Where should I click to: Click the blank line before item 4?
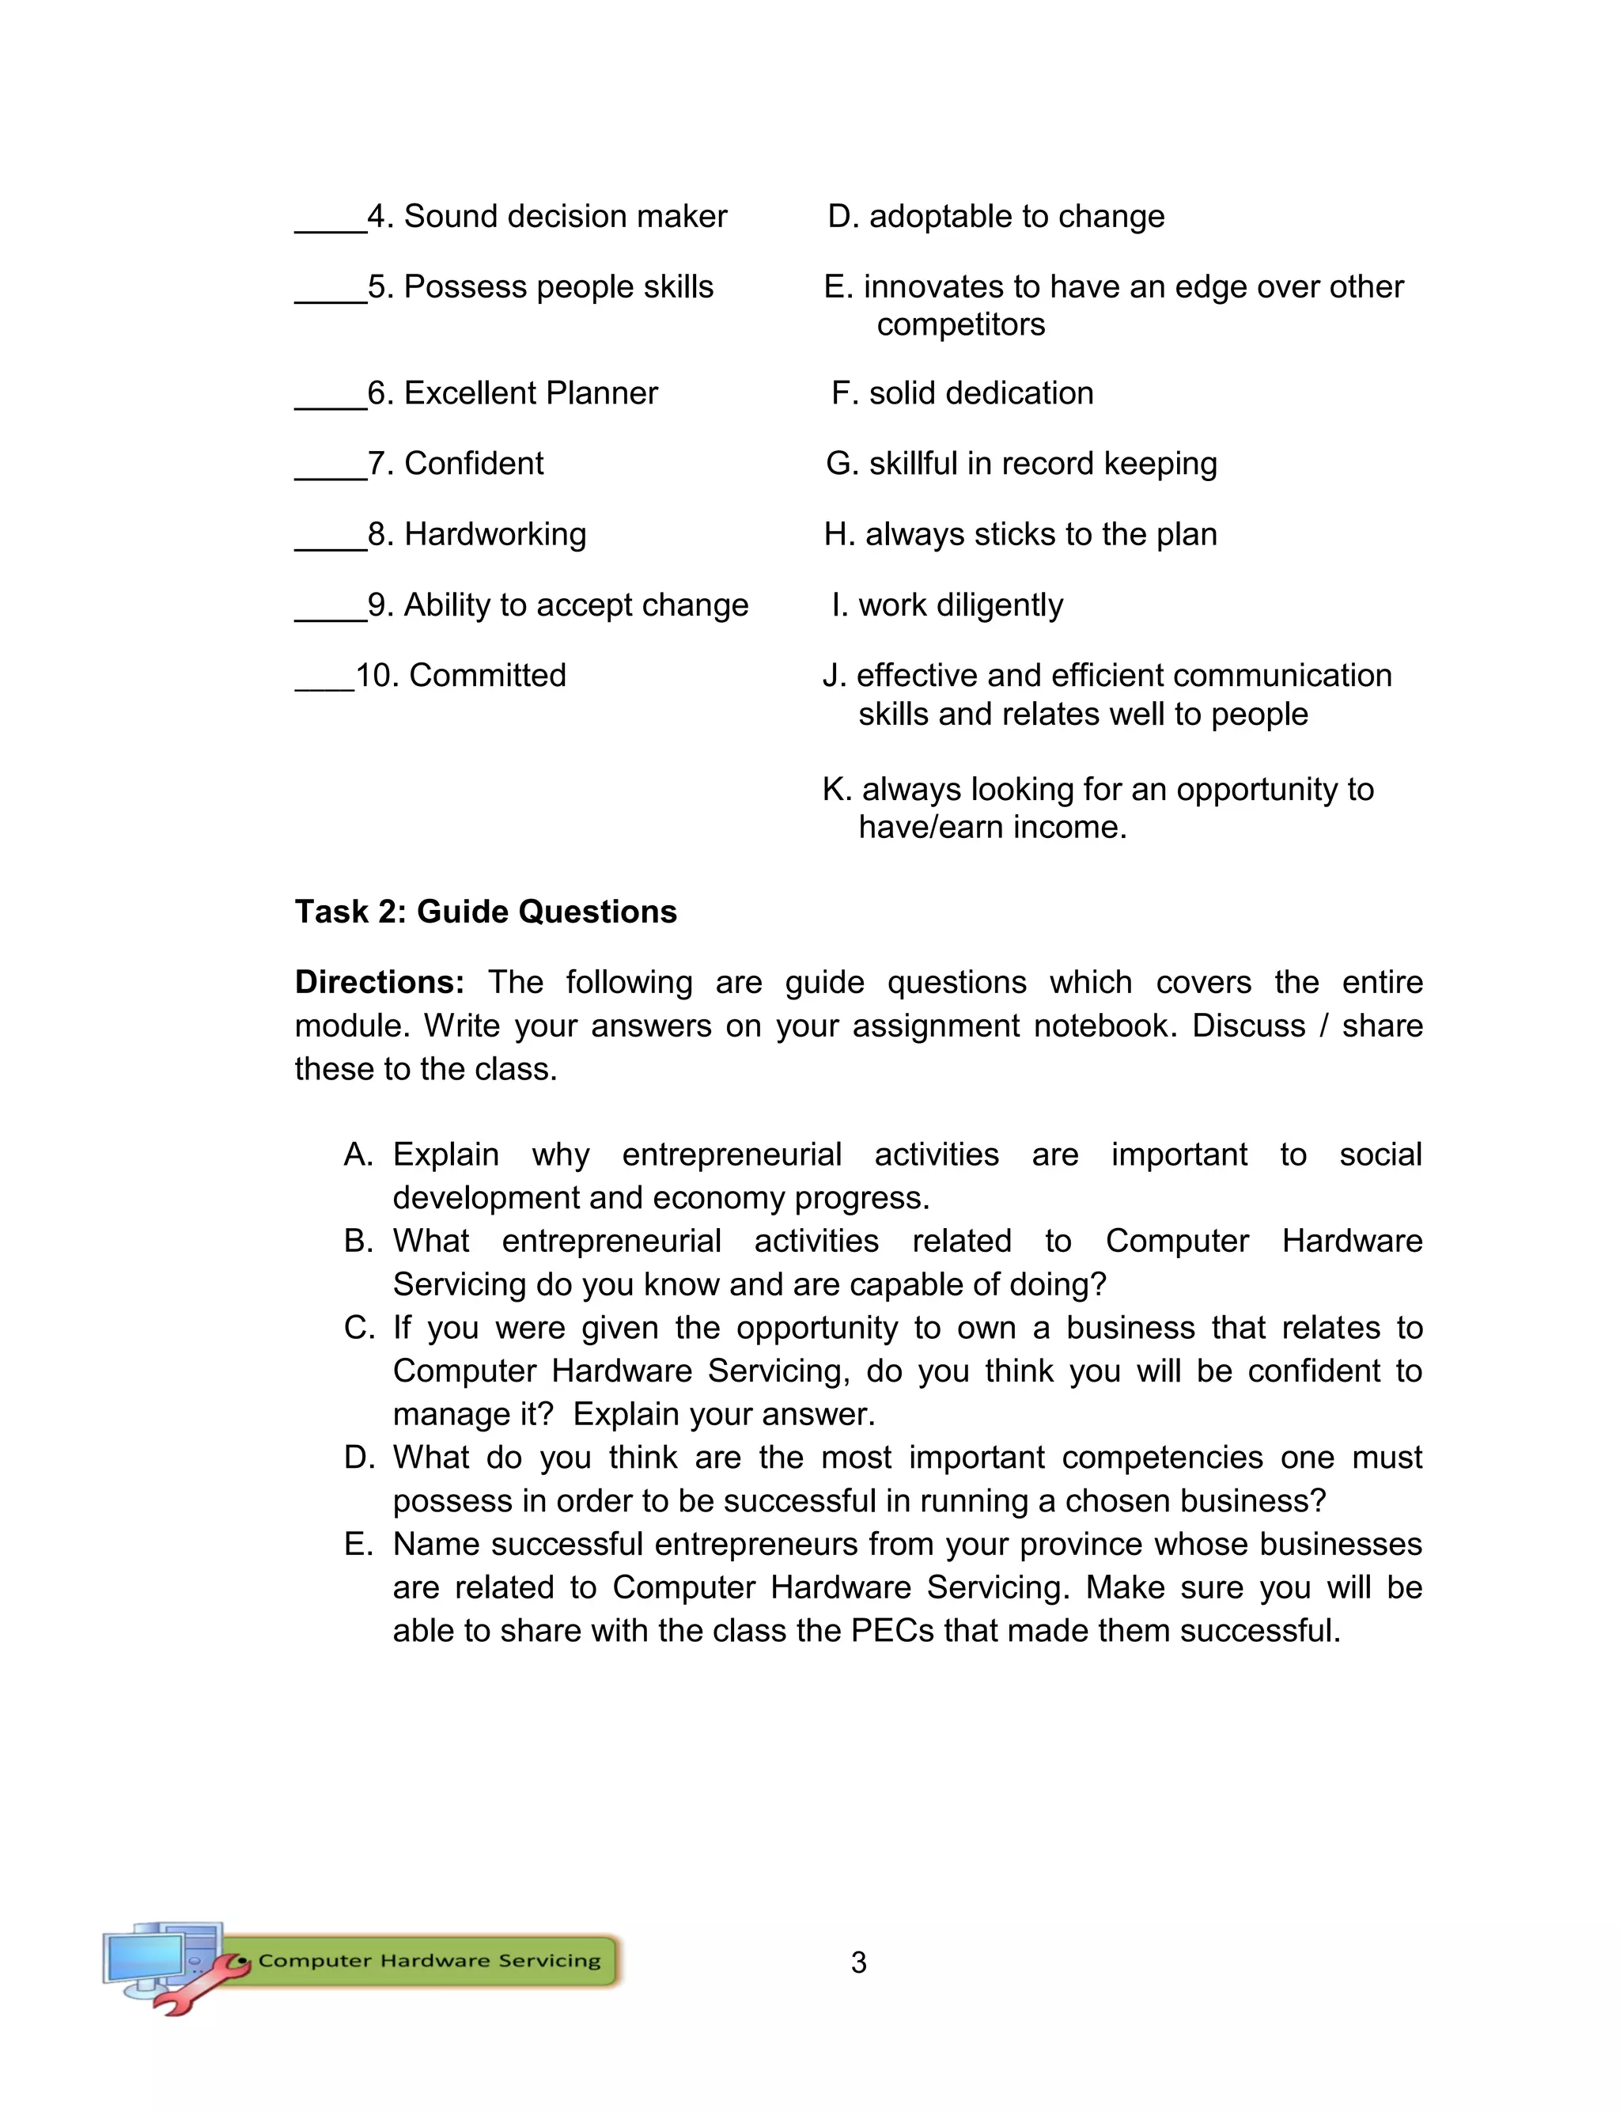pos(330,229)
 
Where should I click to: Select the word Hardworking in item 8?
pos(494,534)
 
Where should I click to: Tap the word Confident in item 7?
pos(474,464)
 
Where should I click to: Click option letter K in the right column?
pos(835,789)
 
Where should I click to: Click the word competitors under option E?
pos(960,325)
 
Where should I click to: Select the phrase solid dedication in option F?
pos(981,393)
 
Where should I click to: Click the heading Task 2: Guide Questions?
pos(486,912)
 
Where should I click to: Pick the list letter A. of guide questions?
pos(358,1155)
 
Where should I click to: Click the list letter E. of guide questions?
pos(358,1544)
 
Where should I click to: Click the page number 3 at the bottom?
pos(858,1962)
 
